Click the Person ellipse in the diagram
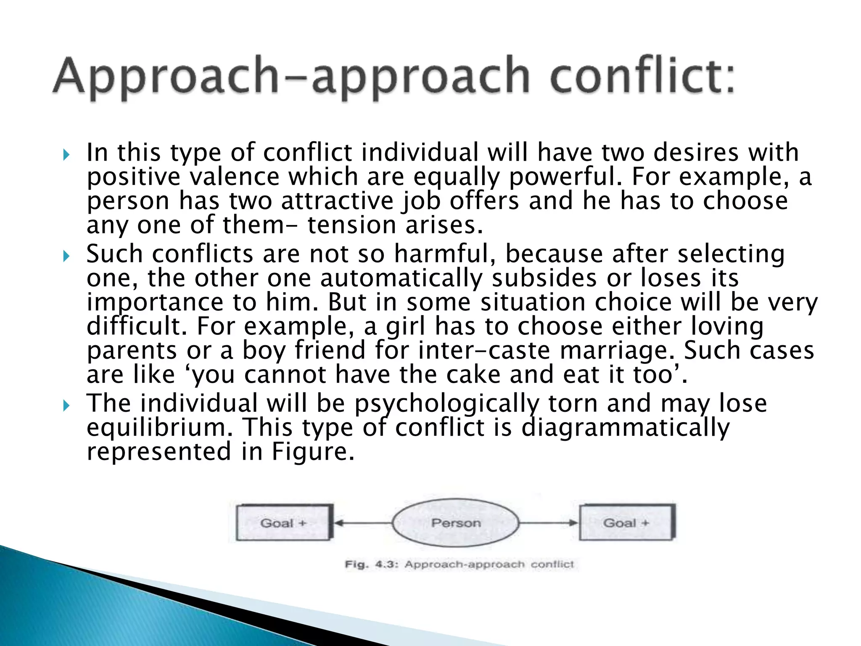click(x=456, y=523)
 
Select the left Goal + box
click(x=284, y=523)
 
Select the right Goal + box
click(x=627, y=523)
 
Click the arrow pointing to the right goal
click(x=549, y=523)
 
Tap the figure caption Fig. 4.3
click(x=459, y=564)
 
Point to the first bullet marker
click(x=66, y=155)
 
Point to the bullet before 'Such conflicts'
click(x=66, y=256)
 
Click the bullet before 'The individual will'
click(x=66, y=405)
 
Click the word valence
click(x=234, y=177)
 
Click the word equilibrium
click(x=159, y=428)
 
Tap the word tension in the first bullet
click(x=351, y=225)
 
